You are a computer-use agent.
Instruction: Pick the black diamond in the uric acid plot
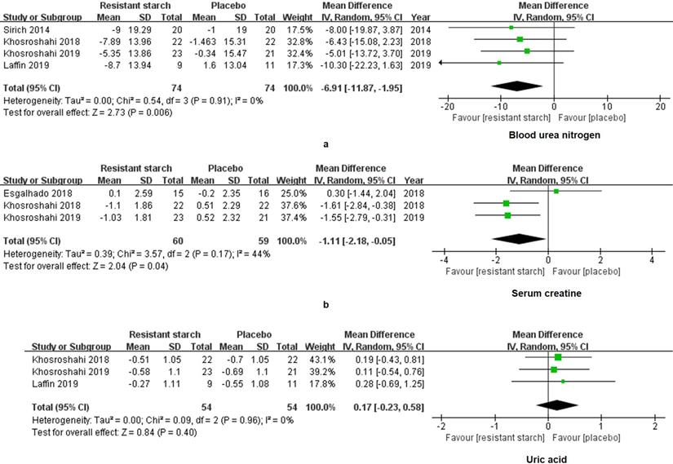tap(556, 404)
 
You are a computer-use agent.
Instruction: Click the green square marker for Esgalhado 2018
tap(556, 192)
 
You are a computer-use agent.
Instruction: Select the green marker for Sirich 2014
tap(511, 27)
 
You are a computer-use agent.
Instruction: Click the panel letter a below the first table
tap(327, 144)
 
